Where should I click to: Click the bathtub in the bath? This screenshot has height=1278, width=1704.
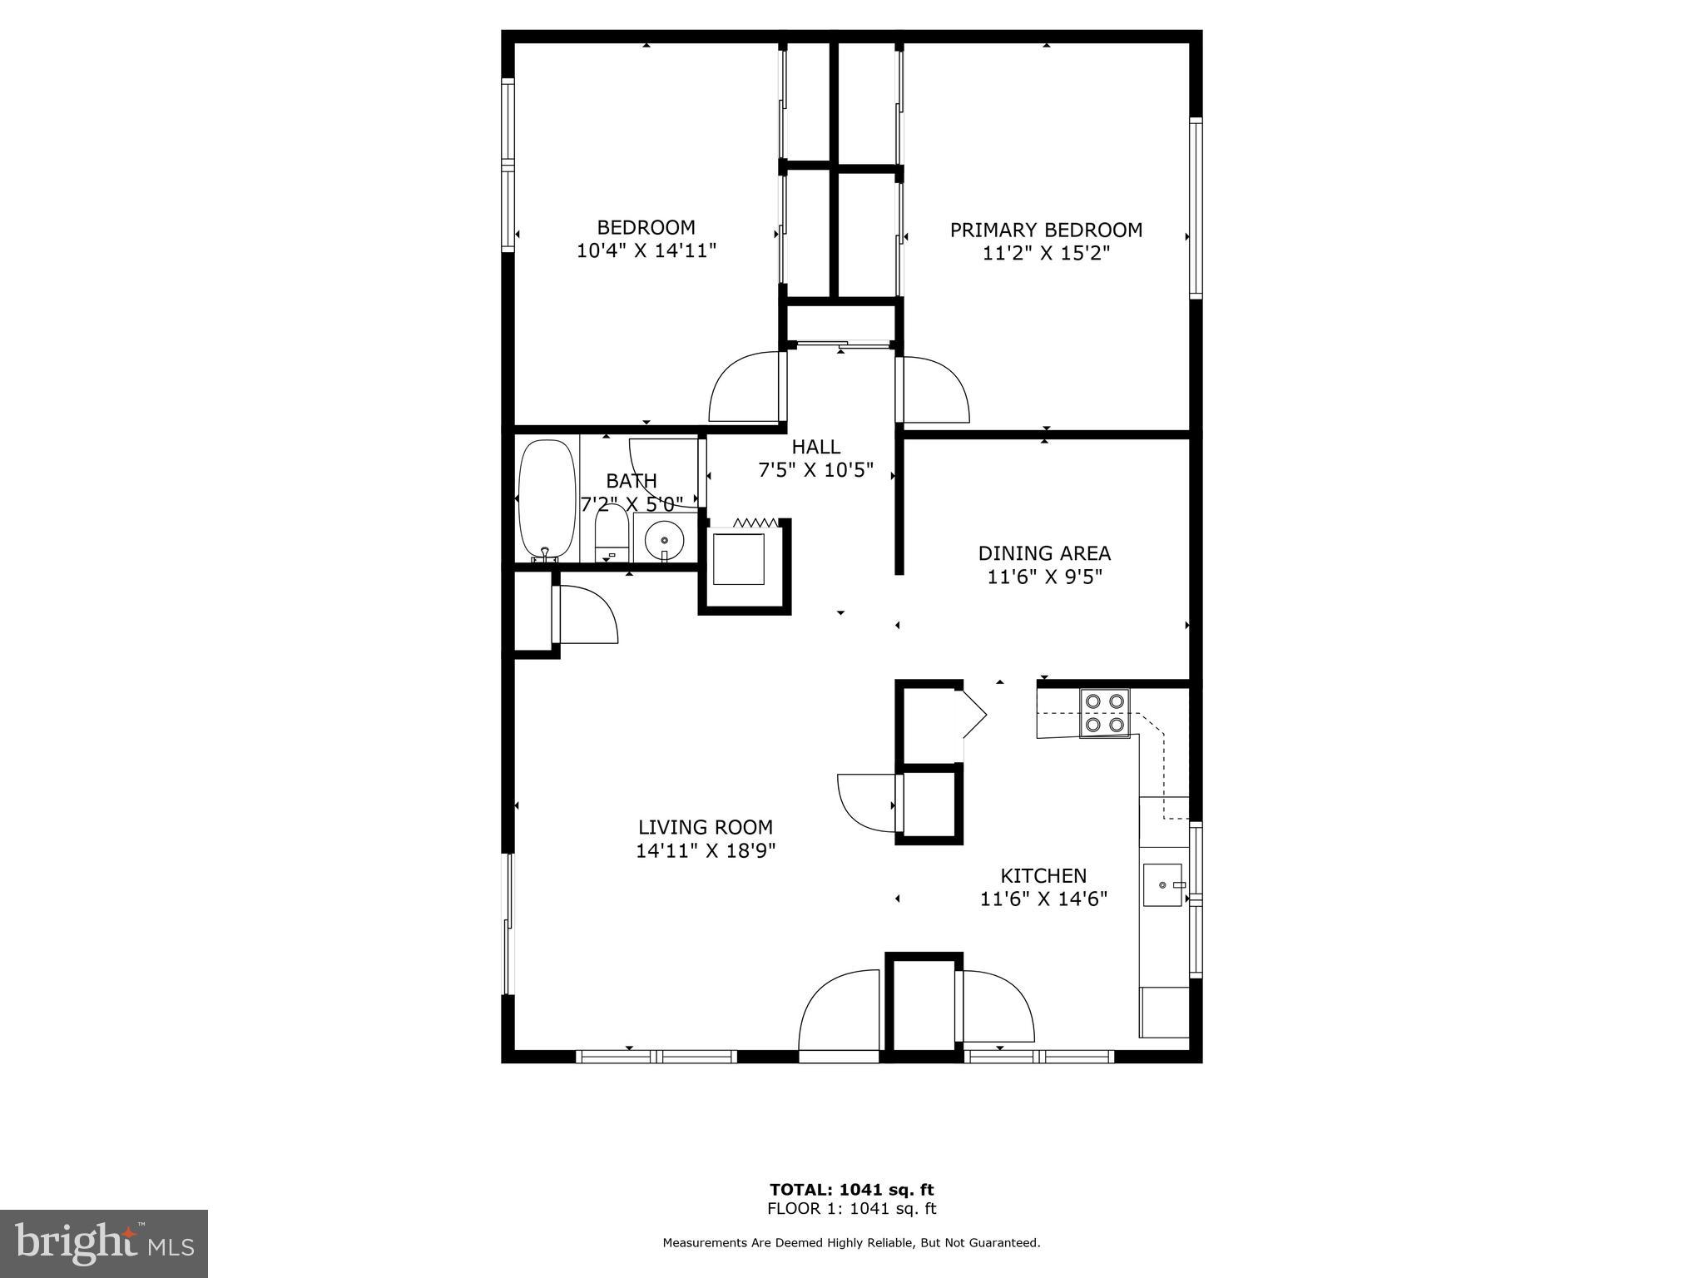click(x=547, y=499)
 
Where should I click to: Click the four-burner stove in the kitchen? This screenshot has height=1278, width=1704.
click(x=1105, y=713)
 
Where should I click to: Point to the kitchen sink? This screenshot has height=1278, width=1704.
click(x=1162, y=884)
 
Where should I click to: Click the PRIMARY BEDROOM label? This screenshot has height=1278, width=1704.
click(x=1046, y=230)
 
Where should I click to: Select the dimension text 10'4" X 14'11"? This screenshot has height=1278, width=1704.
click(x=646, y=250)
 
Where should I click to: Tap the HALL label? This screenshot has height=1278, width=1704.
click(x=815, y=447)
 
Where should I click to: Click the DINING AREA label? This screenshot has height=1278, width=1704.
click(x=1044, y=553)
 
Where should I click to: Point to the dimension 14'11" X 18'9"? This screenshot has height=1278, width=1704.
click(x=706, y=850)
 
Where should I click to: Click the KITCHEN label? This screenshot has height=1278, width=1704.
click(x=1043, y=875)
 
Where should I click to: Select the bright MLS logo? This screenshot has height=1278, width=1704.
click(x=104, y=1243)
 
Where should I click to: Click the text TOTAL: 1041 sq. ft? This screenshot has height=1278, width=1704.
click(x=851, y=1190)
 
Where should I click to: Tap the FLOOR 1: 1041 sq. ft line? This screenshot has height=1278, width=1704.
click(x=851, y=1209)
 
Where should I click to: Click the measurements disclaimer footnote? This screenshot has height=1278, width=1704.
click(x=851, y=1243)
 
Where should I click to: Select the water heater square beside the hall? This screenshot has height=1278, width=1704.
click(x=739, y=559)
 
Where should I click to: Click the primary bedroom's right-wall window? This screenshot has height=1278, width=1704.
click(x=1196, y=208)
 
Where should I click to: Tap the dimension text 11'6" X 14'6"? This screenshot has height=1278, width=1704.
click(x=1043, y=899)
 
